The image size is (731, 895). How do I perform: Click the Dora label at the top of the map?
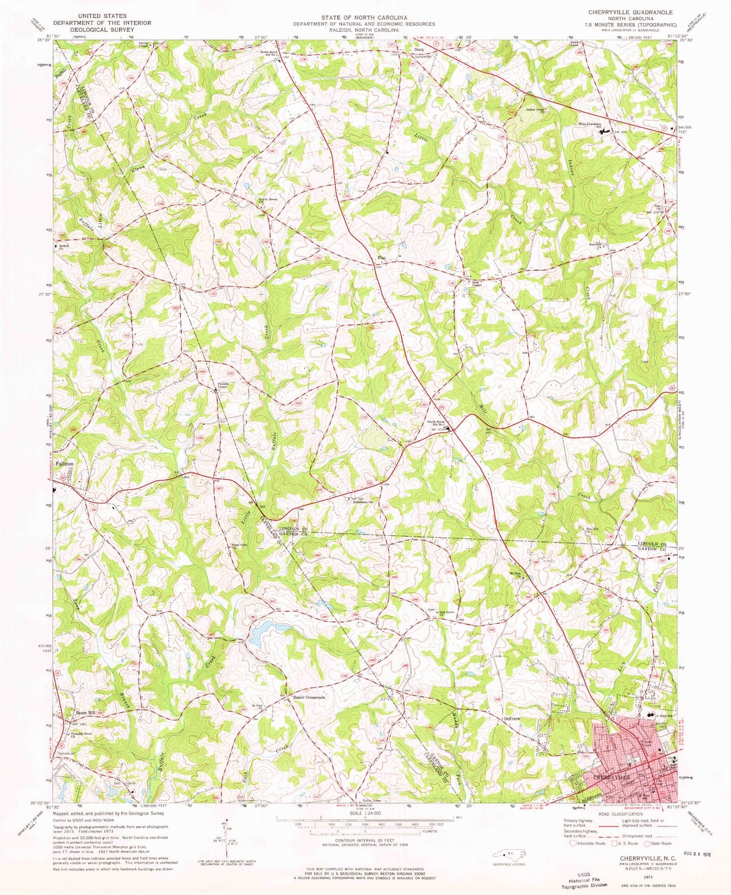point(419,50)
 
